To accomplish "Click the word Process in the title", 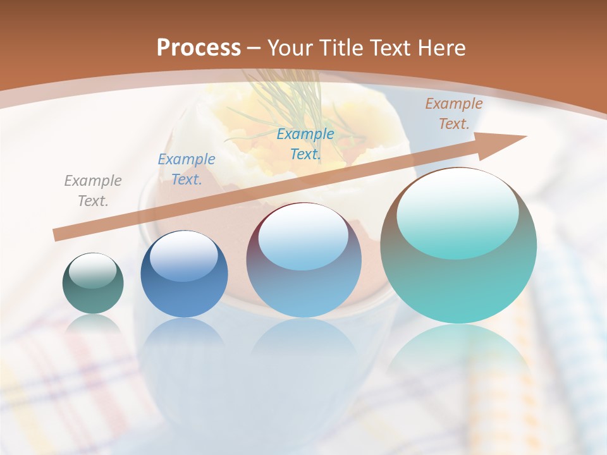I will [x=199, y=48].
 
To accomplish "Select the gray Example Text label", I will [x=92, y=190].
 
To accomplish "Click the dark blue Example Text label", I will [x=186, y=169].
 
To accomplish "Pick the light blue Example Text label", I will [x=305, y=143].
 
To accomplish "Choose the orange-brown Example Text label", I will [x=453, y=113].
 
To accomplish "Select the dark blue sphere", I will [x=184, y=274].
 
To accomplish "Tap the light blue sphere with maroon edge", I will [x=303, y=260].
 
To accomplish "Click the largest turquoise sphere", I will [x=458, y=246].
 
